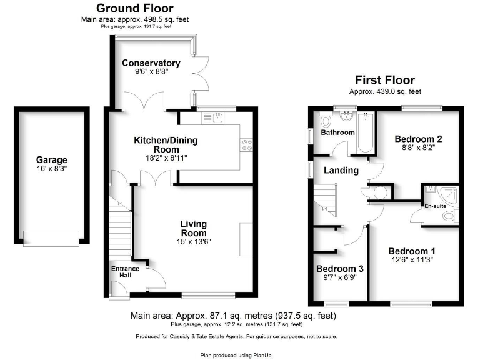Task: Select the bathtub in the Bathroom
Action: (x=364, y=132)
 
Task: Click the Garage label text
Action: (x=51, y=160)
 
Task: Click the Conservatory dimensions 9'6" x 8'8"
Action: (x=151, y=72)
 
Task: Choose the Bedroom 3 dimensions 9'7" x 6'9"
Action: (x=340, y=278)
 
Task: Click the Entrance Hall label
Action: (x=126, y=272)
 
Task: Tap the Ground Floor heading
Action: (x=134, y=8)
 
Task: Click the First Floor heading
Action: (x=385, y=80)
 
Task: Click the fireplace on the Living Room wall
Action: (x=246, y=239)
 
